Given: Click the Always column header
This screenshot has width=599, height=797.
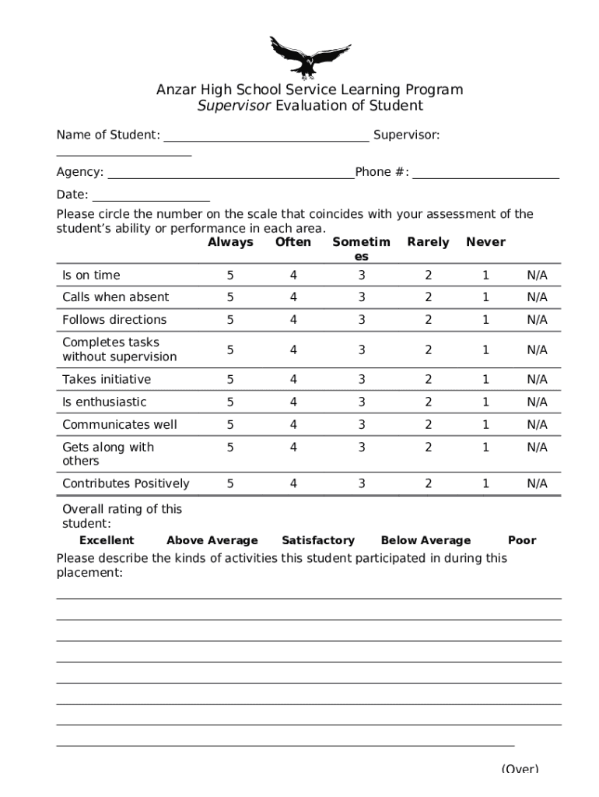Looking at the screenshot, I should (x=230, y=242).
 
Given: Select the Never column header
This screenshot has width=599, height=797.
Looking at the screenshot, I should (x=485, y=242).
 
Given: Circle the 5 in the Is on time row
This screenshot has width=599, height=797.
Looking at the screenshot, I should (x=230, y=275).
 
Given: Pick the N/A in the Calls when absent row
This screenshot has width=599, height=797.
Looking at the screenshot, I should (x=537, y=297).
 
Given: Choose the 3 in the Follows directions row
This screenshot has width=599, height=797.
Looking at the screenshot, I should (x=362, y=320).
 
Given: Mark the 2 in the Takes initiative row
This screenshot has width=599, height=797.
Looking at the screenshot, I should (x=428, y=379).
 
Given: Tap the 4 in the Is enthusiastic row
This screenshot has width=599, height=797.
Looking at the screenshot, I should (x=293, y=402).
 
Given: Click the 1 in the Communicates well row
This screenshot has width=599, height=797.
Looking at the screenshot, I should (x=485, y=424).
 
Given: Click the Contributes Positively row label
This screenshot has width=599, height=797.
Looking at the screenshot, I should (x=126, y=483).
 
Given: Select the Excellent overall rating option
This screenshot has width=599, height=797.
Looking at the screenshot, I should (x=107, y=540).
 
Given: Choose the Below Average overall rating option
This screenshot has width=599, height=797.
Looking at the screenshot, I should (x=426, y=540).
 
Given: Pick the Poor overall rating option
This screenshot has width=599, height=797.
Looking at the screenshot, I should (x=521, y=540).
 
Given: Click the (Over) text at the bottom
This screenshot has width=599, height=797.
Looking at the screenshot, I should (x=520, y=768).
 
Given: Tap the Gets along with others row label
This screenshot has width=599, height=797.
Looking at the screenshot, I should (x=108, y=454).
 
